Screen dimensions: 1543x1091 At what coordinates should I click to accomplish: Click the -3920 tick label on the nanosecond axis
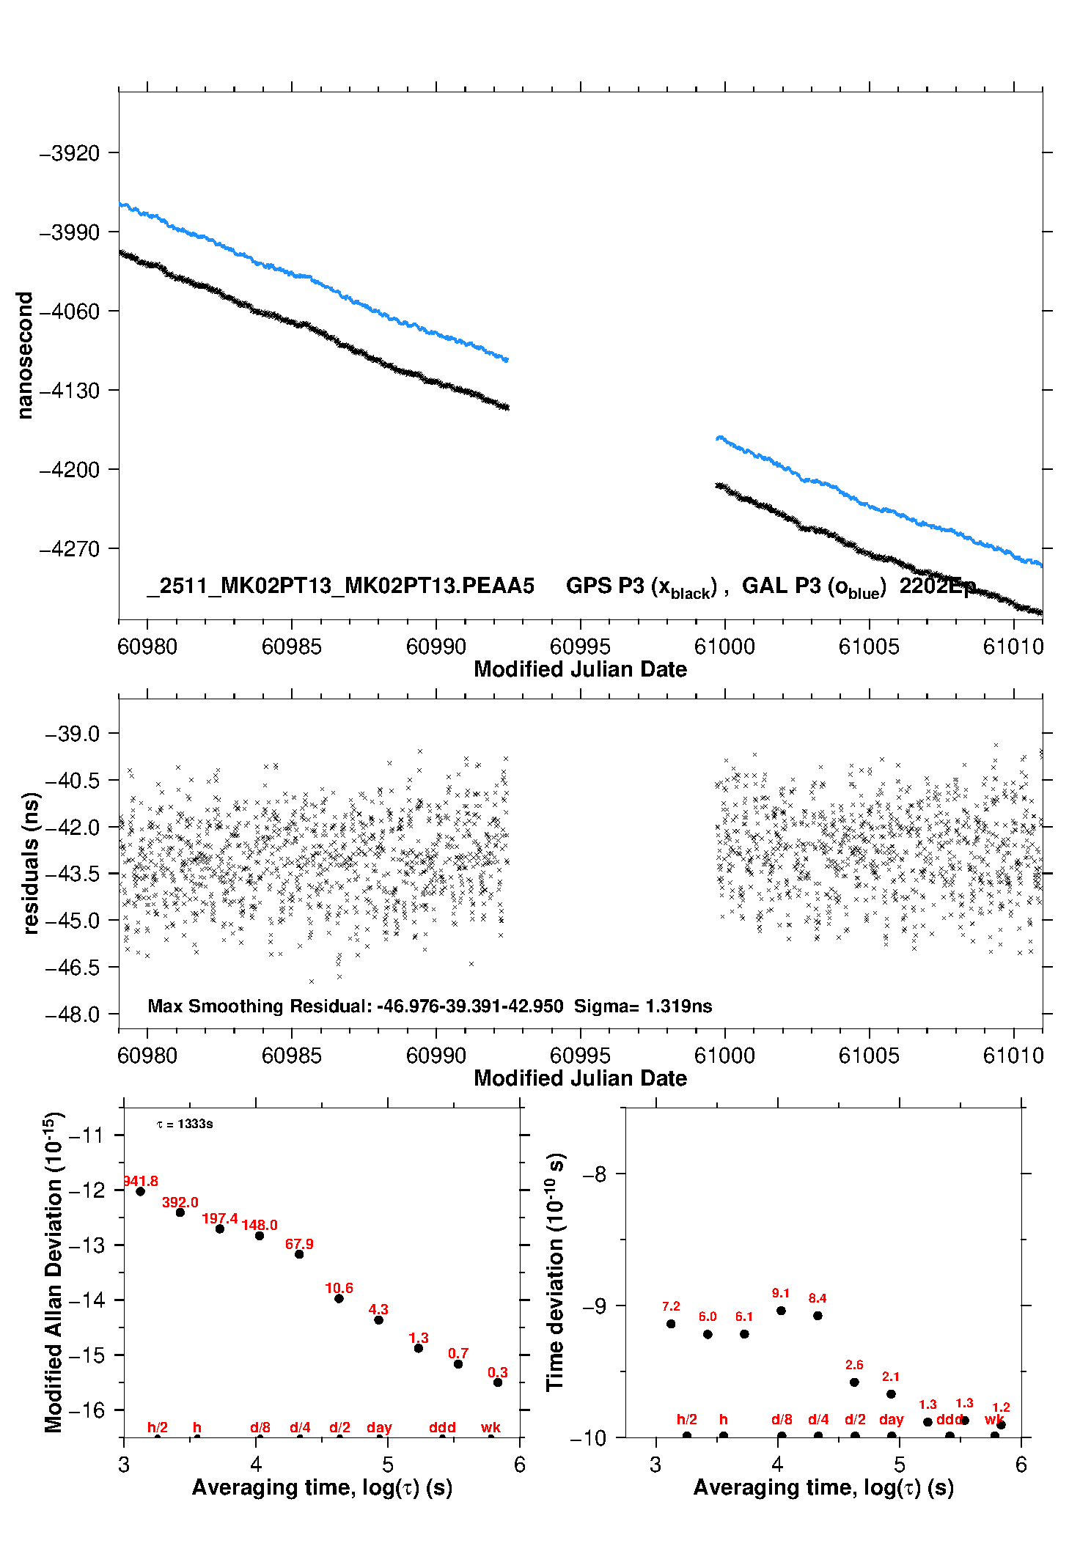pyautogui.click(x=69, y=153)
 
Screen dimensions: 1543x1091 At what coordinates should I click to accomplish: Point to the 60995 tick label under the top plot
pyautogui.click(x=580, y=647)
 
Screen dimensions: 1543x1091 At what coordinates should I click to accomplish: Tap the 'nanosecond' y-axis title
pyautogui.click(x=25, y=356)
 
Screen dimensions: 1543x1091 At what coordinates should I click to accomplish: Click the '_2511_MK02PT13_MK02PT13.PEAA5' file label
pyautogui.click(x=340, y=586)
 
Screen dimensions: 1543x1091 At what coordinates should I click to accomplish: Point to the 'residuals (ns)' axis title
pyautogui.click(x=30, y=863)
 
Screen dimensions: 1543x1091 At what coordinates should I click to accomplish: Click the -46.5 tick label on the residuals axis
pyautogui.click(x=72, y=968)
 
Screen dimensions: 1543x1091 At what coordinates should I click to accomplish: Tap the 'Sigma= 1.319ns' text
pyautogui.click(x=643, y=1006)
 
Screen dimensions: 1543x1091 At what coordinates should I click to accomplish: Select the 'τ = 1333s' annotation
pyautogui.click(x=185, y=1124)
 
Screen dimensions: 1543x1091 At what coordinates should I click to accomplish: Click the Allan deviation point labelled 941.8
pyautogui.click(x=140, y=1191)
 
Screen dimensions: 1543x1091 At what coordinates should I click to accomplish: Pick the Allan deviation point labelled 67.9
pyautogui.click(x=299, y=1254)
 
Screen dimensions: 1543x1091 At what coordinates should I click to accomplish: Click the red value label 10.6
pyautogui.click(x=339, y=1288)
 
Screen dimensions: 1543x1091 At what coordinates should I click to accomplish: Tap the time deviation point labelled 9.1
pyautogui.click(x=781, y=1311)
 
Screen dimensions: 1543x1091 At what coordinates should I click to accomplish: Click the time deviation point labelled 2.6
pyautogui.click(x=854, y=1382)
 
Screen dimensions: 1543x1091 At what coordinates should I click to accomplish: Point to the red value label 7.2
pyautogui.click(x=671, y=1306)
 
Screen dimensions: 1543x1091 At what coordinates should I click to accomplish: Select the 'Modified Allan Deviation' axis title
pyautogui.click(x=54, y=1272)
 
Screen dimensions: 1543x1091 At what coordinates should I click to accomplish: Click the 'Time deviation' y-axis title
pyautogui.click(x=555, y=1272)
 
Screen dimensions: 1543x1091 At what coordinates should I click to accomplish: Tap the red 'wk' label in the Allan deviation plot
pyautogui.click(x=491, y=1427)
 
